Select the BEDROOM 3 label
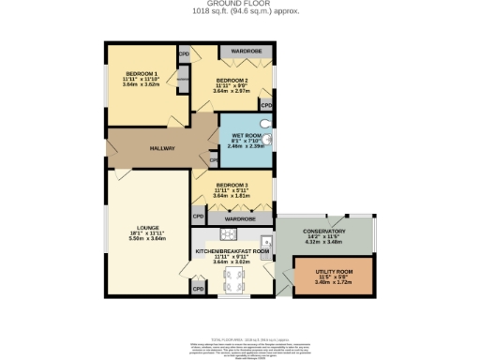[x=232, y=185]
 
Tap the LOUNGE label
[x=146, y=228]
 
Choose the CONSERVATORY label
[x=325, y=232]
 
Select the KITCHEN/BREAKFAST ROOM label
[x=232, y=251]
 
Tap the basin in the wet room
[x=269, y=141]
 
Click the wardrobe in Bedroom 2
[x=246, y=51]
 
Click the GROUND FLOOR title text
[x=239, y=6]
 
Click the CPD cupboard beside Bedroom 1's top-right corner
[x=185, y=54]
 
